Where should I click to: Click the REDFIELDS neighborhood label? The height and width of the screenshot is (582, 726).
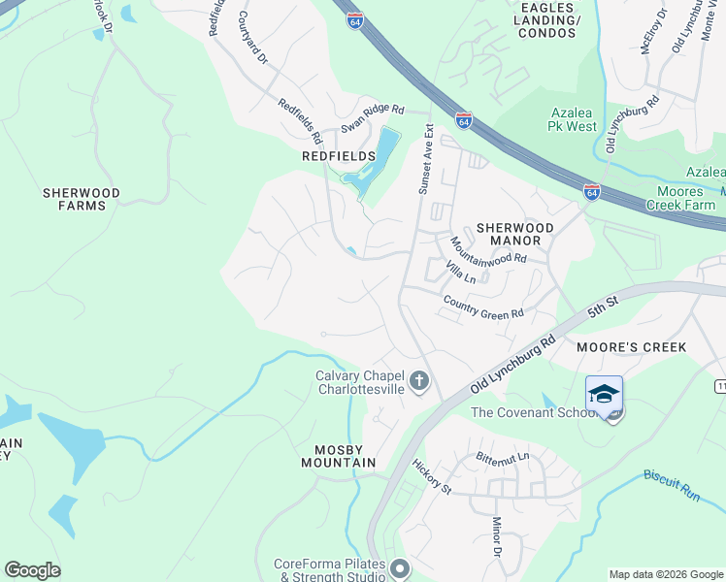[x=338, y=156]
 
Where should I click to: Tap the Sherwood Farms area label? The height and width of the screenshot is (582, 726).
[x=82, y=199]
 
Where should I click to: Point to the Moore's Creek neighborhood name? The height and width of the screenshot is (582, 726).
[x=631, y=347]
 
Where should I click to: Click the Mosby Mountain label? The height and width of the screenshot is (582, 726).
[x=345, y=456]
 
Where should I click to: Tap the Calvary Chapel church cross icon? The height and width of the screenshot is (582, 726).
[x=419, y=379]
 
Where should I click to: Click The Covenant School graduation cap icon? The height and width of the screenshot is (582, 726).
[x=604, y=393]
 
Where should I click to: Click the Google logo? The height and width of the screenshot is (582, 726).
[x=32, y=570]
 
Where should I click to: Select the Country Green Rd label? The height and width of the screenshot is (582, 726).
[x=482, y=307]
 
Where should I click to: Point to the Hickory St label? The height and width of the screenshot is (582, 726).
[x=432, y=477]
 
